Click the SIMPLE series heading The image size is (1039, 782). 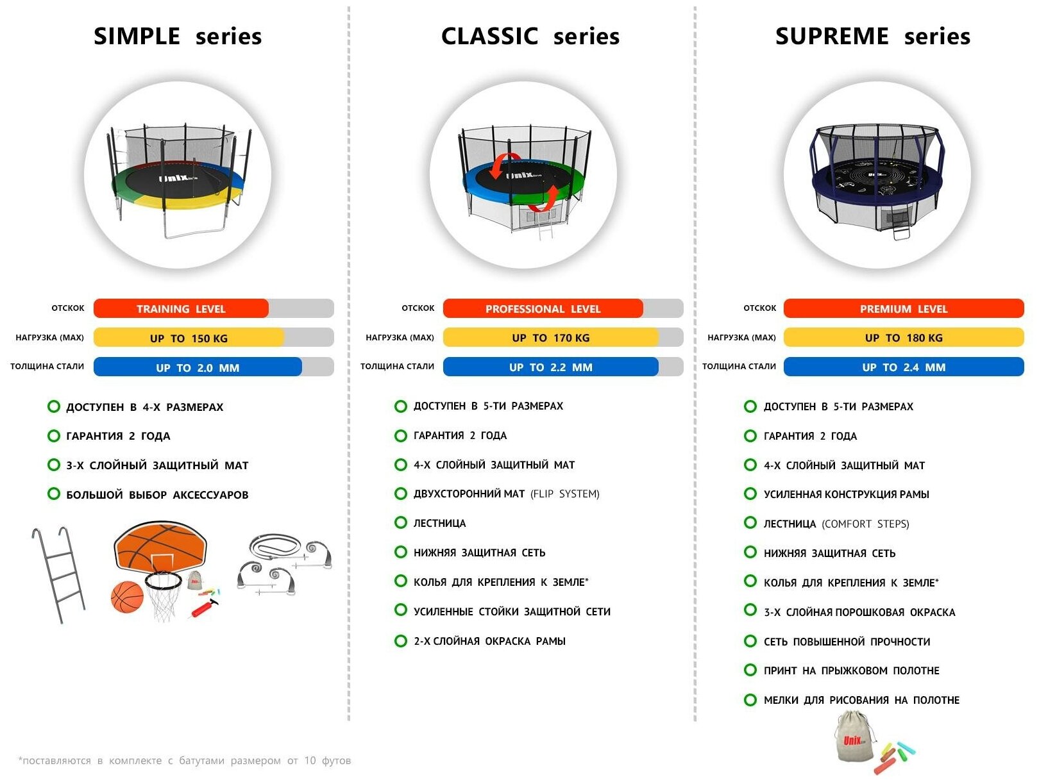coord(178,37)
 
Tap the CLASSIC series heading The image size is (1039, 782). coord(530,37)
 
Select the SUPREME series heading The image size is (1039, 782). coord(872,37)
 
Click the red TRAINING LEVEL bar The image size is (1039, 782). coord(181,308)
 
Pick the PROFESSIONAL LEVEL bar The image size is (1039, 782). coord(543,308)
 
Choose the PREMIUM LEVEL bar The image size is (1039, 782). coord(903,308)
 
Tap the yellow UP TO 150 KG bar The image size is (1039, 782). coord(189,338)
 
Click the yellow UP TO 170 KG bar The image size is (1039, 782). coord(550,337)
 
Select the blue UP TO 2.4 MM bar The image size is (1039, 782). coord(903,367)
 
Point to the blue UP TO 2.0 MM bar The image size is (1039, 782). coord(197,367)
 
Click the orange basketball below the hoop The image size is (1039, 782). coord(127,597)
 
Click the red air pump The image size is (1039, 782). coord(204,606)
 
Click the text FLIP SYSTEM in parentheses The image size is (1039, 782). coord(565,494)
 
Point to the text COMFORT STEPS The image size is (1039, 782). coord(865,524)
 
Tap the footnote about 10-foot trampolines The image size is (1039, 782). coord(185,760)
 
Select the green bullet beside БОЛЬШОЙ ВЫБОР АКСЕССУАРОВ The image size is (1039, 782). coord(54,494)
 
